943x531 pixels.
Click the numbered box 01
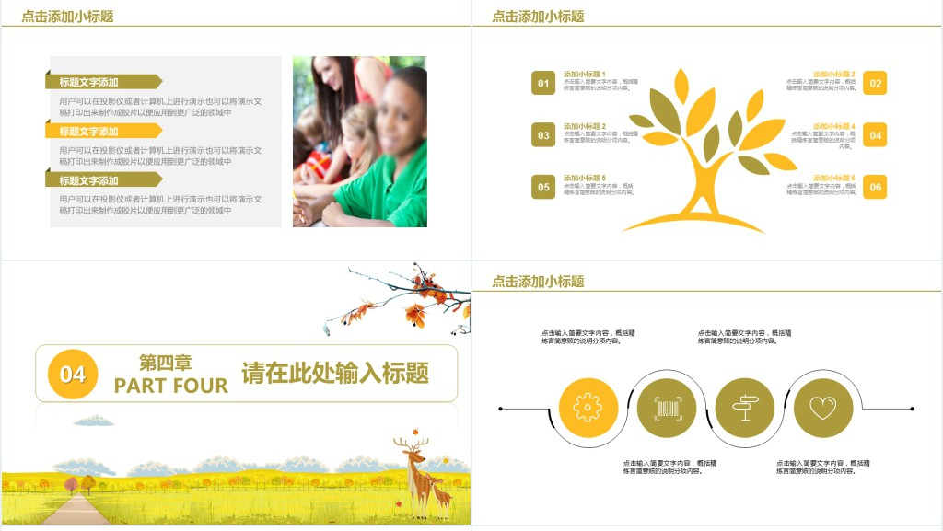point(543,83)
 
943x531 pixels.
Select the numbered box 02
point(875,83)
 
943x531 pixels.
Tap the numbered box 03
point(543,135)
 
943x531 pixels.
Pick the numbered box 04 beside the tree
point(875,135)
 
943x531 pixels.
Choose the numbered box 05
point(543,187)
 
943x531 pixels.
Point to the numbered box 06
point(875,187)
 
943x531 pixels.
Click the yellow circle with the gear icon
point(588,408)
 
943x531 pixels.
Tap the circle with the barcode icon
point(666,408)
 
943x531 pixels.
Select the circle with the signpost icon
point(744,408)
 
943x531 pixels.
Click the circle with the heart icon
point(822,408)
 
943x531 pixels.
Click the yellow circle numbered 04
point(73,374)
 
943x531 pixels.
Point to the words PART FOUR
point(170,386)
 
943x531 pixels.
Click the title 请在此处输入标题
point(335,373)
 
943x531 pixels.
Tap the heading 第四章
point(166,363)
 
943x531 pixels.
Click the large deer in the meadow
point(415,474)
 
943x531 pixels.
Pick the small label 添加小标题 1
point(584,74)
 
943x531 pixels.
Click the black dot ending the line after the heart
point(912,408)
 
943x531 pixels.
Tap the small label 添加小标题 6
point(833,178)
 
